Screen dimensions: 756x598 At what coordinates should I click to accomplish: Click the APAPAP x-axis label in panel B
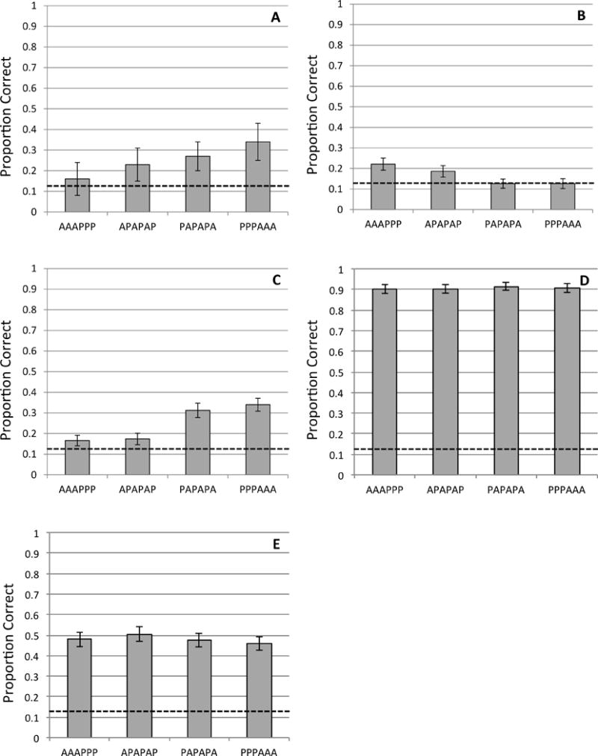tap(445, 223)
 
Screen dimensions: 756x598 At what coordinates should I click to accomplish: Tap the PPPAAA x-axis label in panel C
tap(256, 489)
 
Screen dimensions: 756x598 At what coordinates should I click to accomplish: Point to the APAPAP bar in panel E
tap(137, 686)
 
